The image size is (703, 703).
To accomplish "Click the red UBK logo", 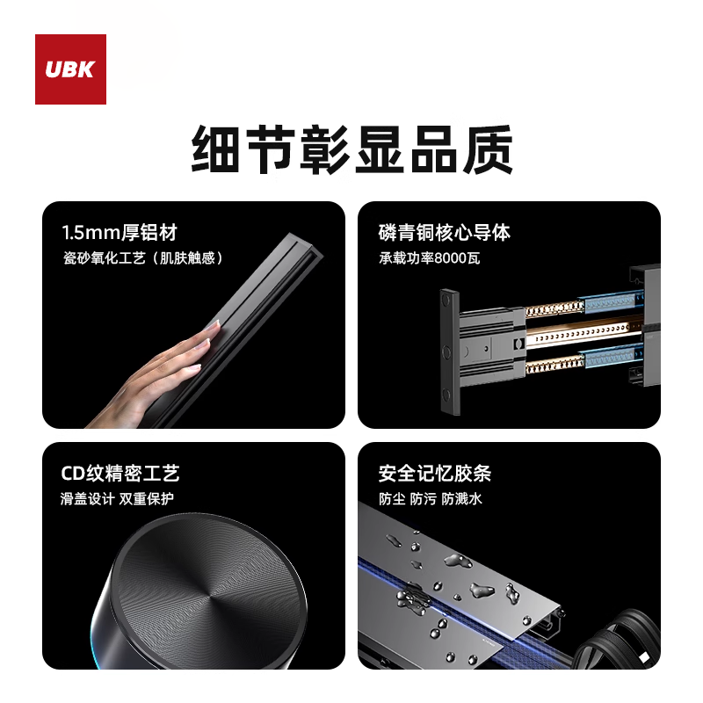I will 70,69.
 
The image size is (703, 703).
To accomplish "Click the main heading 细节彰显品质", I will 351,150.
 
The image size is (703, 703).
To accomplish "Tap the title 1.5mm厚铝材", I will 120,233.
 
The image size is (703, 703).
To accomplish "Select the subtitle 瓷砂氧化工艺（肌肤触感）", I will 143,258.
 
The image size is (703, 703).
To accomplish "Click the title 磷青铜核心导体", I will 445,233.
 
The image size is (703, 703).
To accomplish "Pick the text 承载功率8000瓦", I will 430,258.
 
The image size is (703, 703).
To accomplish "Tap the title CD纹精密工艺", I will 120,474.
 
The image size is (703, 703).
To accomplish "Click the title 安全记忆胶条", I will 435,474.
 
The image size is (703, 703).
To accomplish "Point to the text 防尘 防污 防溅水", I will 431,499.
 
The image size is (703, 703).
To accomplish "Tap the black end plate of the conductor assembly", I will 448,351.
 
